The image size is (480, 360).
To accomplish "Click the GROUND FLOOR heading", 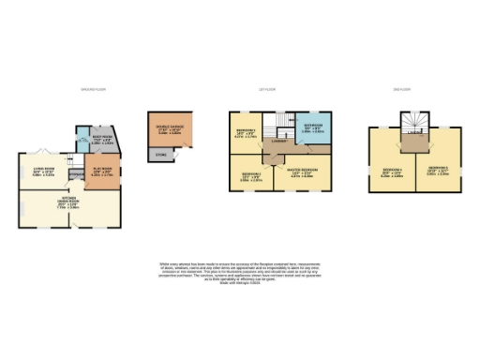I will (91, 90).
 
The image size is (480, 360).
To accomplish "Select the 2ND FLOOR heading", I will (401, 90).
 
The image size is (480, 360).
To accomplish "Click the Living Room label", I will (43, 172).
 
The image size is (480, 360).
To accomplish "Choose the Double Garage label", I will (170, 130).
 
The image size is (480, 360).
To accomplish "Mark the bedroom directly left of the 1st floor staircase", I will (246, 132).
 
